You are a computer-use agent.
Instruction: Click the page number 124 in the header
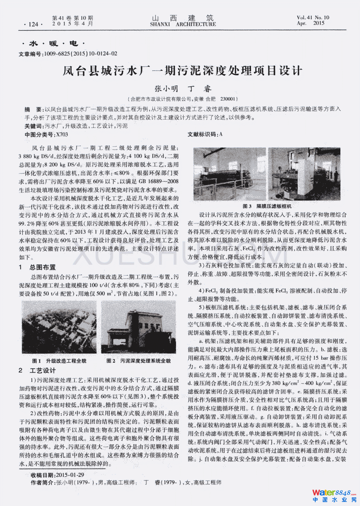point(33,24)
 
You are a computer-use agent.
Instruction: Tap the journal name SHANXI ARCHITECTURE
point(183,24)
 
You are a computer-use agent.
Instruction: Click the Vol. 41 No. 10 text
point(312,17)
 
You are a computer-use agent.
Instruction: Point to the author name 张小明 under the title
point(166,89)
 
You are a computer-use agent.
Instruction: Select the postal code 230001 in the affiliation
point(228,99)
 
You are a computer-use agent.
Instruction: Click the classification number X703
point(62,134)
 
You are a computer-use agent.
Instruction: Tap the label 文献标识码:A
point(205,134)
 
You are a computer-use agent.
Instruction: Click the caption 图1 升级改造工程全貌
point(59,361)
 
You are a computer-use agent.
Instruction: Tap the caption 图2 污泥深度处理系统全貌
point(138,361)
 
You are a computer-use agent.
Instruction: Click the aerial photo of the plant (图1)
point(59,327)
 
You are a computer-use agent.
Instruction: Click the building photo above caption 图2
point(138,327)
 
